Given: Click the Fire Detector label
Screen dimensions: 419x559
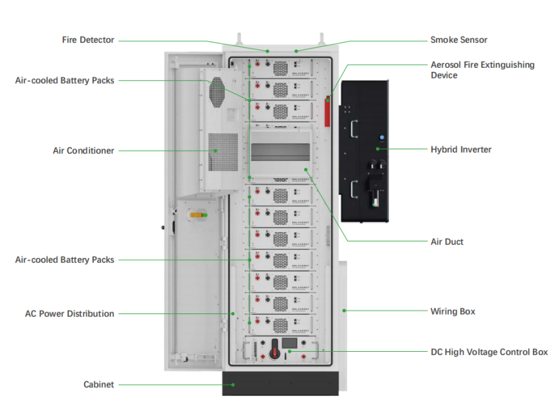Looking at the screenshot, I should pyautogui.click(x=88, y=40).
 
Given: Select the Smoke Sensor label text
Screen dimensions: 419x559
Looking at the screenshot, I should pyautogui.click(x=459, y=40).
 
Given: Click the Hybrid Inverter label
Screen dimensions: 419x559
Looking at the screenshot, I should pyautogui.click(x=461, y=149).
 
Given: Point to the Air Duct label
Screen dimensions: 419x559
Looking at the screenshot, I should pyautogui.click(x=447, y=241).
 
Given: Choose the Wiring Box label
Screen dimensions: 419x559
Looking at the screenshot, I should pyautogui.click(x=453, y=311).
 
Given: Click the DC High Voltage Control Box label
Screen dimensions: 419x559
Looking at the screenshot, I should pyautogui.click(x=488, y=352).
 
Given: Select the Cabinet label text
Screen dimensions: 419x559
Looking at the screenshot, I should pyautogui.click(x=99, y=385).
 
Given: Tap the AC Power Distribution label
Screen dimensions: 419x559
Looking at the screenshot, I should pyautogui.click(x=69, y=313).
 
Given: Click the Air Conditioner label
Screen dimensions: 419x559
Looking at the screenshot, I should pyautogui.click(x=83, y=151).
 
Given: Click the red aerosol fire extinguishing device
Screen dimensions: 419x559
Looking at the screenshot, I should pyautogui.click(x=328, y=111).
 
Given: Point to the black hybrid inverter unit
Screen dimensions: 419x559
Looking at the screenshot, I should pyautogui.click(x=365, y=151).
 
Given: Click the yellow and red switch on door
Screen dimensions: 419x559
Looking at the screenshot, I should pyautogui.click(x=200, y=215).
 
